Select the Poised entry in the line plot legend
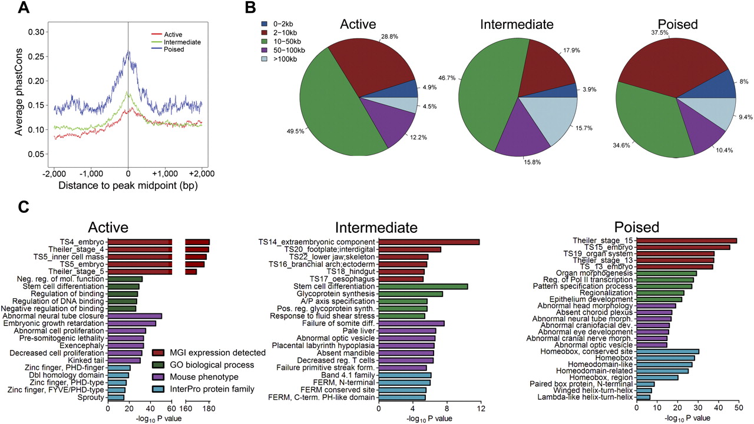point(174,50)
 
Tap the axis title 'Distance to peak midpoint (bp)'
point(128,186)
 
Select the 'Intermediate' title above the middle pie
point(517,25)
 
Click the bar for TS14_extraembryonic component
point(429,242)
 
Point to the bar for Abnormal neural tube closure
point(135,316)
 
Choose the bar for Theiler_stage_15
point(686,241)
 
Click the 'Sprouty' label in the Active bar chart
point(94,398)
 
